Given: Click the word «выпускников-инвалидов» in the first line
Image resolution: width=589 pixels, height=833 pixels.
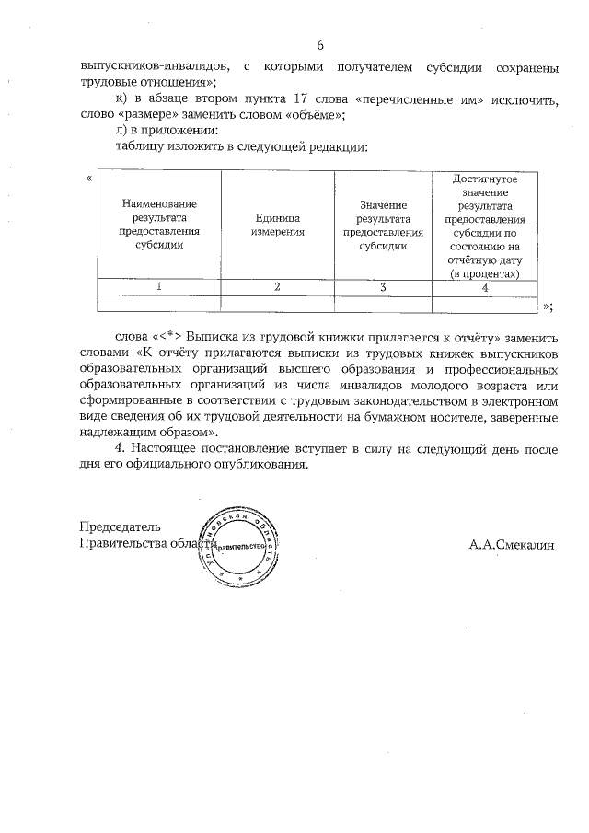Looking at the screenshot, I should (150, 66).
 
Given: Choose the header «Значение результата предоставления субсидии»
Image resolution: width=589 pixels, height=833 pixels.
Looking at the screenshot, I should (382, 225).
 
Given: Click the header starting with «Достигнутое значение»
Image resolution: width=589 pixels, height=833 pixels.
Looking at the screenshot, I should (485, 225).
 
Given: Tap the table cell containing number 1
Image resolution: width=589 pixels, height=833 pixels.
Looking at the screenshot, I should (158, 287).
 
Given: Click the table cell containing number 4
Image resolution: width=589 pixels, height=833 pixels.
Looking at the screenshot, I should (485, 287).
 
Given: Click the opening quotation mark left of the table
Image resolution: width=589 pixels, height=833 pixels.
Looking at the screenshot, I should (87, 177).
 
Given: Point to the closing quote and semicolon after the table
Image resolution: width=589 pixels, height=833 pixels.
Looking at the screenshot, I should (548, 307).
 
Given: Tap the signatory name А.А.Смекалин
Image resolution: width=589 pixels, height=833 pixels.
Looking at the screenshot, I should (512, 544).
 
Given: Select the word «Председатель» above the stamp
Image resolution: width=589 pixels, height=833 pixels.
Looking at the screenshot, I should (121, 527).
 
